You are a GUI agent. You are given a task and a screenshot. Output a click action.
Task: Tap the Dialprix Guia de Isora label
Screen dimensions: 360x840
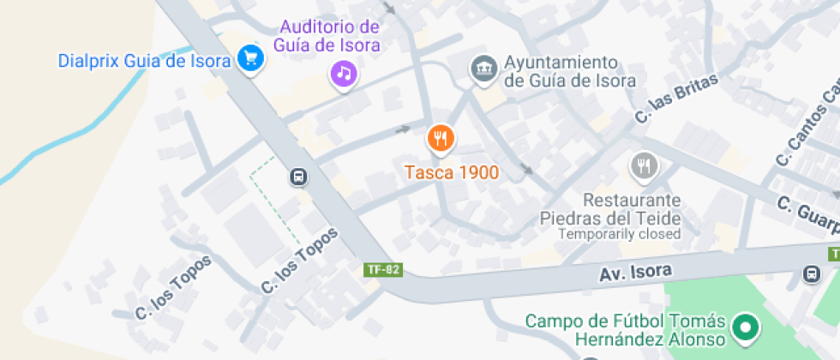144,61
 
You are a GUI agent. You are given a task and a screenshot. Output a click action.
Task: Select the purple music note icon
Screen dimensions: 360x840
344,73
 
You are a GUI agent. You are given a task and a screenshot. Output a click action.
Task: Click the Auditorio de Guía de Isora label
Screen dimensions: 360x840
327,36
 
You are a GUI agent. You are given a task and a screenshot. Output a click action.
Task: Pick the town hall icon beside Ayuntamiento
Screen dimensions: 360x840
483,69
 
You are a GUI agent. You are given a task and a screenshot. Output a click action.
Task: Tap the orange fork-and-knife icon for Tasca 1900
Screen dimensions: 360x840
441,137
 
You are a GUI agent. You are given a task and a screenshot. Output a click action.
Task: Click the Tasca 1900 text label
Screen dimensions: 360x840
452,172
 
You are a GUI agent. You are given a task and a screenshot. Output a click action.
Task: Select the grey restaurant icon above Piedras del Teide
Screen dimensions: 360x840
643,165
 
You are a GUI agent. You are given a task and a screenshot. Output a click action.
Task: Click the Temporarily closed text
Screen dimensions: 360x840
620,234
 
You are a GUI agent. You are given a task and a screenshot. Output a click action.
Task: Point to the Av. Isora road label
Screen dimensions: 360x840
634,272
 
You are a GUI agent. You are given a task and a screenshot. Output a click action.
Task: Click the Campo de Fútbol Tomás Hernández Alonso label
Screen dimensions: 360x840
626,332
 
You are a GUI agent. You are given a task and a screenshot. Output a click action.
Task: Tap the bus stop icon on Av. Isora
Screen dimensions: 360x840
810,274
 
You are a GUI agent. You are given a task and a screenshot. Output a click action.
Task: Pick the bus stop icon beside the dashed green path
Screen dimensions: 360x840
298,177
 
